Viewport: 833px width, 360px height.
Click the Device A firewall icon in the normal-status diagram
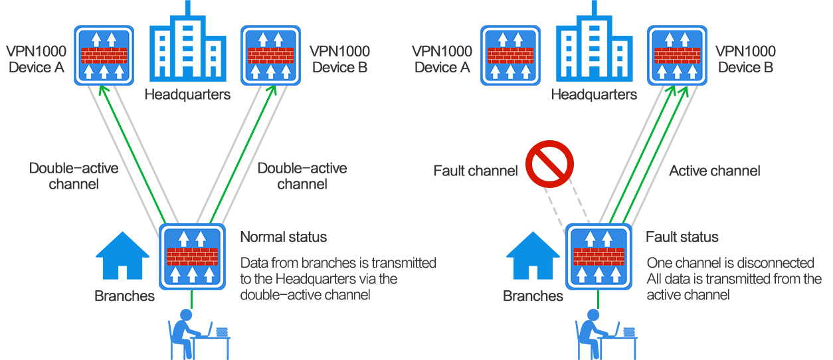(104, 55)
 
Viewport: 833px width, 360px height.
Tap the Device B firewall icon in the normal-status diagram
(270, 55)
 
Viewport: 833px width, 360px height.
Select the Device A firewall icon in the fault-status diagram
(510, 55)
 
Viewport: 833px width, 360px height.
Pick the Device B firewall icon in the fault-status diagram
(677, 55)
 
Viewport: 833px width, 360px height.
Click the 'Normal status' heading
(284, 237)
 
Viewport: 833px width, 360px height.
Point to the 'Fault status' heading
(682, 237)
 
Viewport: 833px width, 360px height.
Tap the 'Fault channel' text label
(476, 171)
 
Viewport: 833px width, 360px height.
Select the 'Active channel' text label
(714, 171)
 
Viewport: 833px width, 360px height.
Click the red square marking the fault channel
(549, 163)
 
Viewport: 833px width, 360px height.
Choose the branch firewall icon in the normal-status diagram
(192, 256)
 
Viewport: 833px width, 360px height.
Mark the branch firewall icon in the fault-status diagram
(599, 256)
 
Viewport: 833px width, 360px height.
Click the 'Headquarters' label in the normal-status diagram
(188, 94)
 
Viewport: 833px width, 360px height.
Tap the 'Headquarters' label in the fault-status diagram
(595, 94)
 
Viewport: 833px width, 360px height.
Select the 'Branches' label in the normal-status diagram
(125, 296)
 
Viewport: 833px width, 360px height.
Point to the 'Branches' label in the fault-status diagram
(533, 296)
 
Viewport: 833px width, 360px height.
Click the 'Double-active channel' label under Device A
(74, 176)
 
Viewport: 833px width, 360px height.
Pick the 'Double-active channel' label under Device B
(302, 176)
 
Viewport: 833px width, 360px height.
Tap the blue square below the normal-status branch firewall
(199, 334)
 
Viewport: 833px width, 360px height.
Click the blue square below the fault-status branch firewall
(606, 334)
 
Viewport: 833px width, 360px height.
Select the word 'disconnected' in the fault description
(775, 264)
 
